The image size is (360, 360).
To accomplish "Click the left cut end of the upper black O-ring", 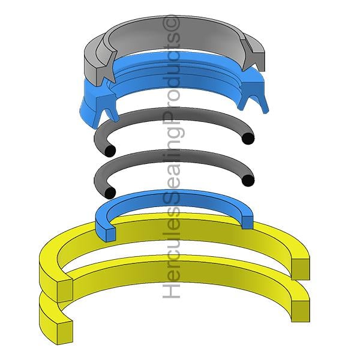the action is [110, 151].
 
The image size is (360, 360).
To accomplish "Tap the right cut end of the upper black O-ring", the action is [248, 139].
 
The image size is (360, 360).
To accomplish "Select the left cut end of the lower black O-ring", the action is [110, 193].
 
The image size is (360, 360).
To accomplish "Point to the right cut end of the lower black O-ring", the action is [248, 180].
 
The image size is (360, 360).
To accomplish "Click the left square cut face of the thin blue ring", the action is [110, 234].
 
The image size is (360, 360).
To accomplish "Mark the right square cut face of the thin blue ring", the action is [247, 222].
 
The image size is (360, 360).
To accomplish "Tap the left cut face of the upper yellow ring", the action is [65, 290].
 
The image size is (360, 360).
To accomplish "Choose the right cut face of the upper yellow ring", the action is [301, 269].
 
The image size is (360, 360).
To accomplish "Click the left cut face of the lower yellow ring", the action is [65, 332].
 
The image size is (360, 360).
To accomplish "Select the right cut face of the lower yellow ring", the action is [301, 311].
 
